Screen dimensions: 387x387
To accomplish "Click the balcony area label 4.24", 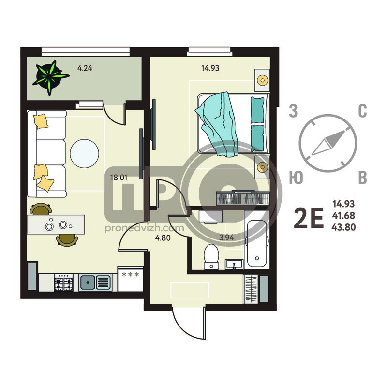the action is point(85,68).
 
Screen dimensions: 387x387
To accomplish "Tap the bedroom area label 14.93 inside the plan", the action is point(210,68).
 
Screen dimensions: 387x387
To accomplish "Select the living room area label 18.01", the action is point(119,178).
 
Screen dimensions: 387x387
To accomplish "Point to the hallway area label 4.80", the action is point(163,238).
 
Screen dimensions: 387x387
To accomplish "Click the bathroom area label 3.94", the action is point(226,238).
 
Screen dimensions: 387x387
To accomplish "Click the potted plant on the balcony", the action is point(50,77).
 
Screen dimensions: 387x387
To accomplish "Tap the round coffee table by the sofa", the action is point(84,153).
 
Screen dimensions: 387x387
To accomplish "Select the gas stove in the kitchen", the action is point(63,283).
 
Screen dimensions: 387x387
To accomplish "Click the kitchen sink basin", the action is point(88,283).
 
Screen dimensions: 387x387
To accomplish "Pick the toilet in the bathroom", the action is point(211,256).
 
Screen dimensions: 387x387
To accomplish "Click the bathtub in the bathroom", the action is point(257,244).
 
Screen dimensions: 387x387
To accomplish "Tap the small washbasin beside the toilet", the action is point(234,264).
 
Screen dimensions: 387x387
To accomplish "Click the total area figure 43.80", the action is point(343,227).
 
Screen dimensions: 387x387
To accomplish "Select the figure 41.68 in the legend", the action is point(343,215).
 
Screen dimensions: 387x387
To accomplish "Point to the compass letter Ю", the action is point(296,178).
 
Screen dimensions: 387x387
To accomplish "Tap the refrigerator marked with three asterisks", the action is point(130,279).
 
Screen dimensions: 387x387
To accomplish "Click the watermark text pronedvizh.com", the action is point(144,228).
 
